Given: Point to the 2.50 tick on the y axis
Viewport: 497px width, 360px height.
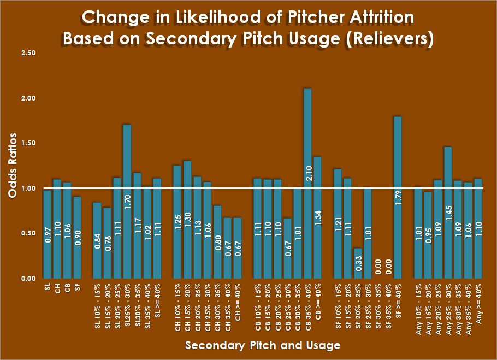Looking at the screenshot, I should (28, 53).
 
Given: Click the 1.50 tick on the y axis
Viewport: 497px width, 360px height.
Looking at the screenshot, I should (28, 143).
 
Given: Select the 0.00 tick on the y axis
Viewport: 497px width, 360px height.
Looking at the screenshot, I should (28, 279).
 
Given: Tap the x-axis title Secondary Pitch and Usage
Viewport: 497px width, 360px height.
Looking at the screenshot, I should (263, 345).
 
